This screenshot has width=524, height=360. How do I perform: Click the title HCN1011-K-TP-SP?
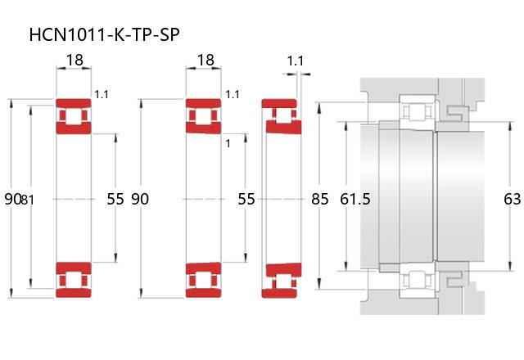click(x=104, y=34)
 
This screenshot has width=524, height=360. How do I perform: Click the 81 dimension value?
click(x=27, y=200)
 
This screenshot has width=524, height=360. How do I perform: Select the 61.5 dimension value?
click(x=355, y=199)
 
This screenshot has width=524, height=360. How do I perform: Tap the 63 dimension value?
click(x=512, y=199)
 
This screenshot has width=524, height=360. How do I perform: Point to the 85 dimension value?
click(x=320, y=199)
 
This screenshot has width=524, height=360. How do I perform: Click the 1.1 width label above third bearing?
click(x=296, y=61)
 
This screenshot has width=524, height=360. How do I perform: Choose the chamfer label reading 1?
click(x=228, y=144)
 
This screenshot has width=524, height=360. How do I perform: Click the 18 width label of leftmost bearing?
click(x=75, y=60)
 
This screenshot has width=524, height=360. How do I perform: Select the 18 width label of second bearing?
click(x=206, y=60)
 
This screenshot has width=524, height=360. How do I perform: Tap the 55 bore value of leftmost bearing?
click(x=115, y=199)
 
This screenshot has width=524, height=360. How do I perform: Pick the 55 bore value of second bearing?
click(x=246, y=199)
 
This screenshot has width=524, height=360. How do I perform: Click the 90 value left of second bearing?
click(x=140, y=199)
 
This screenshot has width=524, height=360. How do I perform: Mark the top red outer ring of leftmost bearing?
click(x=74, y=103)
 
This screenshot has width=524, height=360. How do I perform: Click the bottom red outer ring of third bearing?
click(x=279, y=293)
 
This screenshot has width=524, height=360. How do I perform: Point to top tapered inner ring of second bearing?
click(x=204, y=128)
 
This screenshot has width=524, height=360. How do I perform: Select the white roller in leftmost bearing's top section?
click(x=74, y=116)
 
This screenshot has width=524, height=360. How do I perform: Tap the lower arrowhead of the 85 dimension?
click(x=319, y=284)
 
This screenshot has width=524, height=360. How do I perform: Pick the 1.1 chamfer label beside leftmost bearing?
click(x=102, y=95)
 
